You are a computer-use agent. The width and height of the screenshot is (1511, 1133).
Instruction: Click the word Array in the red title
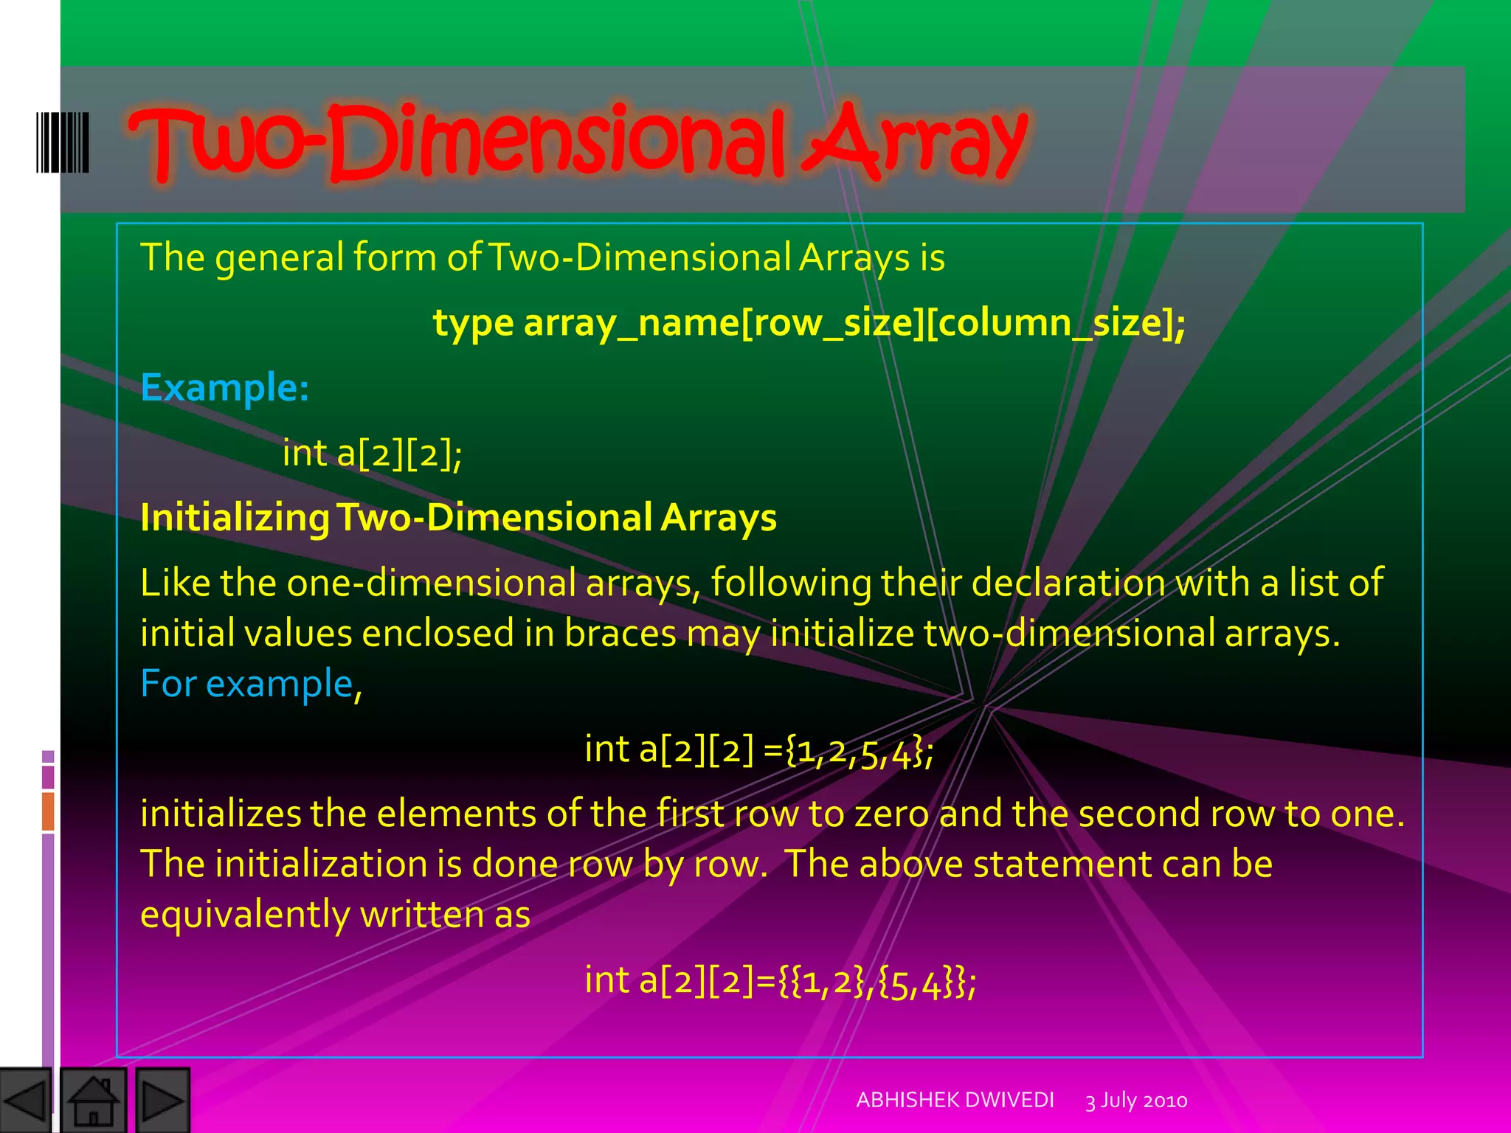[915, 142]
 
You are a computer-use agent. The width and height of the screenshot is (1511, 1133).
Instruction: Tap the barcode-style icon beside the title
[63, 142]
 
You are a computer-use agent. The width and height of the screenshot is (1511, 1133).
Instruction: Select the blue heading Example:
[224, 387]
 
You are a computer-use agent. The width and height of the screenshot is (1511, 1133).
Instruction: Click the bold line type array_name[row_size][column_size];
[809, 323]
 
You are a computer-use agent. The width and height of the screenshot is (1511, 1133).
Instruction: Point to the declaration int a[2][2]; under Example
[372, 453]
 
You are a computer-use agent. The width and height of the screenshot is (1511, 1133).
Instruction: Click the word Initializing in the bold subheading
[235, 518]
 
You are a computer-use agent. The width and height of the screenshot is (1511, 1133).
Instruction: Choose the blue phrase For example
[246, 684]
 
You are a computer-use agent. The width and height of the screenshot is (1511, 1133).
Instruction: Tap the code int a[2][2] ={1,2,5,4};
[758, 750]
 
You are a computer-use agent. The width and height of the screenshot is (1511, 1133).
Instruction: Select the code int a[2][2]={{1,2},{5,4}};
[780, 981]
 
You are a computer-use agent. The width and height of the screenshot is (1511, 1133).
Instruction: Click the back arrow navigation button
[26, 1101]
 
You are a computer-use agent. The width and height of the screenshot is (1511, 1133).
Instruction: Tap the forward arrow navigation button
[163, 1101]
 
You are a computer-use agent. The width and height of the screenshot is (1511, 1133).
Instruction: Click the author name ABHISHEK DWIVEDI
[955, 1100]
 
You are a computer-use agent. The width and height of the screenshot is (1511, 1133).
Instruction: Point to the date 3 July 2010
[1135, 1101]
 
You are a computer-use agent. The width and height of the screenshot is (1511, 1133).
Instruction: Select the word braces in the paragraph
[620, 634]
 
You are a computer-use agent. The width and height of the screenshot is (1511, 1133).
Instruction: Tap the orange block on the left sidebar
[48, 811]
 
